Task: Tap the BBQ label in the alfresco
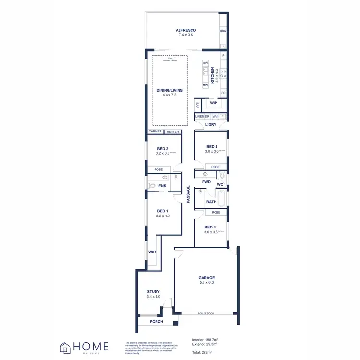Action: click(x=223, y=31)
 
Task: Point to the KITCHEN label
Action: click(x=212, y=75)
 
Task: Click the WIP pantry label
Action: click(x=214, y=103)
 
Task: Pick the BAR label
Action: click(x=197, y=105)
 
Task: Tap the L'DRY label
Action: click(x=211, y=125)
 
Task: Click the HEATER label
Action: click(x=173, y=132)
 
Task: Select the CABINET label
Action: click(x=155, y=132)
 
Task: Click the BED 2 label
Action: click(x=162, y=149)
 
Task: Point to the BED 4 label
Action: click(x=212, y=147)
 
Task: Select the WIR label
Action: click(x=152, y=252)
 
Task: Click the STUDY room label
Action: click(x=154, y=292)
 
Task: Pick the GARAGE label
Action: click(x=206, y=278)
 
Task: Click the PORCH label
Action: click(x=156, y=322)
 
